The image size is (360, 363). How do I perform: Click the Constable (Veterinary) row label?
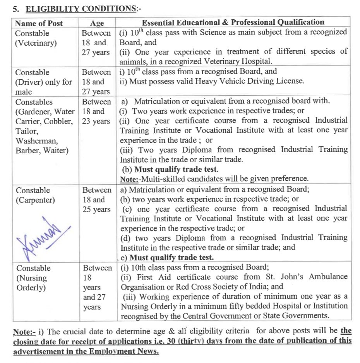[36, 38]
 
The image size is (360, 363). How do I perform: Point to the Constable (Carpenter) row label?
[35, 195]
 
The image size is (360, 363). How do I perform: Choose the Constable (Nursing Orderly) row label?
[33, 278]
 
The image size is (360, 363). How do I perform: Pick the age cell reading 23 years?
[96, 121]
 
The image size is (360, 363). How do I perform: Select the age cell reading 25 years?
[96, 209]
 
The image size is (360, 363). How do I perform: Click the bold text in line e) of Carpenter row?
[171, 257]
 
